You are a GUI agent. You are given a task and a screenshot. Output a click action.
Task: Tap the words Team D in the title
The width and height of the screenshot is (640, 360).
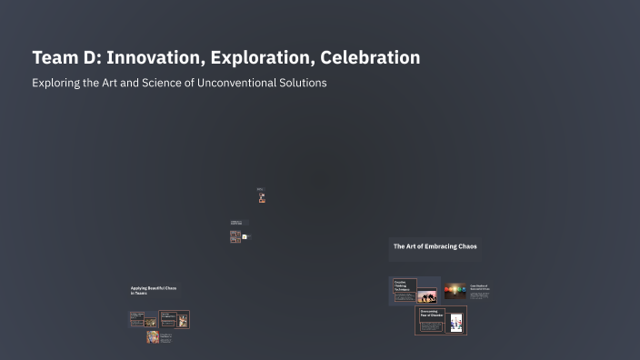tap(65, 57)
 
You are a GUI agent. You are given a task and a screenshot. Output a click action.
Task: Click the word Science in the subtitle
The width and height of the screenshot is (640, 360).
tap(165, 83)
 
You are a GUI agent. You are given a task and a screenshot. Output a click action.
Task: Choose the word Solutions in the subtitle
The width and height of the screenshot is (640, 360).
tap(303, 83)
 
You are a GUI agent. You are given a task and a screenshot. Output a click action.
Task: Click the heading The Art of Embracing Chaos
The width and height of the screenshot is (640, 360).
tap(435, 246)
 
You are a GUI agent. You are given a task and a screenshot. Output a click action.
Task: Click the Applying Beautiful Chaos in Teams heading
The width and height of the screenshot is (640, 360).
tap(153, 290)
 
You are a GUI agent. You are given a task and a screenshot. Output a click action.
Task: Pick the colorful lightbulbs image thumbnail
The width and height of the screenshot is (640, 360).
tap(455, 291)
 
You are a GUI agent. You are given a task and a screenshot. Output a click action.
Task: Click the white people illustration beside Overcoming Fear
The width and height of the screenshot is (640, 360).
tap(455, 323)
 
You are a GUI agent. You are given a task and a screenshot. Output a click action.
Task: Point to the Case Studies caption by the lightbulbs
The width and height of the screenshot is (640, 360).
tap(479, 287)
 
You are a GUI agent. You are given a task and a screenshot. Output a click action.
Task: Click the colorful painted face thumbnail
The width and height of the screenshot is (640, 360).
tap(153, 337)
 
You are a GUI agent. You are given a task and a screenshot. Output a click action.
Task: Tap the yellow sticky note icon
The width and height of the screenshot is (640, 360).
tap(245, 236)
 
